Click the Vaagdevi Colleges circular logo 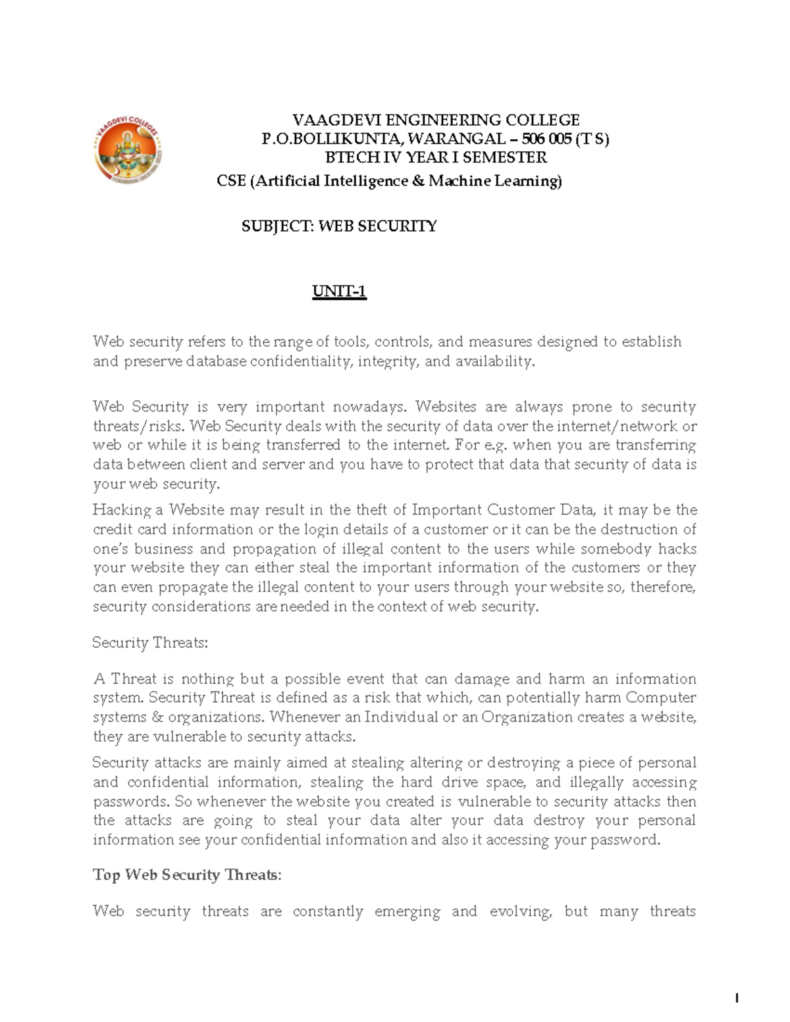pos(128,149)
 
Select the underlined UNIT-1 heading pos(339,291)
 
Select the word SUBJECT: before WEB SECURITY pos(278,226)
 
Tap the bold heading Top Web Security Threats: pos(187,875)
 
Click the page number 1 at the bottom pos(737,999)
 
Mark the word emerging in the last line pos(406,911)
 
